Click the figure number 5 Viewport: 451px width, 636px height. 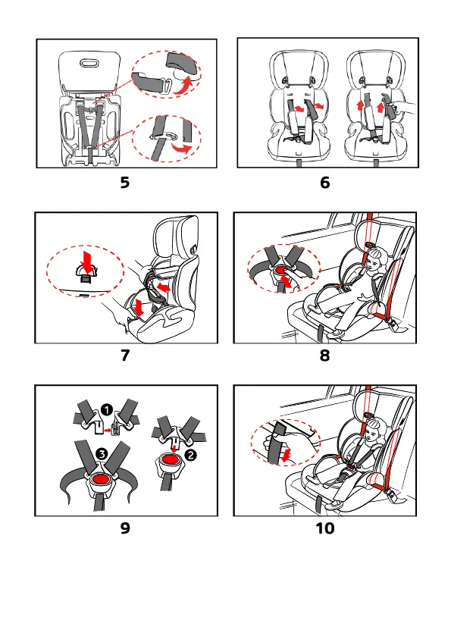click(x=125, y=183)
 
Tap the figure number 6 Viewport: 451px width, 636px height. click(x=325, y=183)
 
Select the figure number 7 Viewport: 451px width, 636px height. click(x=125, y=356)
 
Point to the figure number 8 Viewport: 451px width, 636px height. click(x=325, y=356)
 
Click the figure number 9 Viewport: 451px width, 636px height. click(x=125, y=528)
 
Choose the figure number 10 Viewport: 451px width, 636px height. click(x=325, y=528)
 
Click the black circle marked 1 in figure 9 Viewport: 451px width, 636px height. click(x=106, y=409)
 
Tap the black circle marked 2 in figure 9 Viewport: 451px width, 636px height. click(x=190, y=455)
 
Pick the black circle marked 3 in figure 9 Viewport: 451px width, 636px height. click(x=102, y=454)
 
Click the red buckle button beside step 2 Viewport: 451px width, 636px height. click(x=170, y=459)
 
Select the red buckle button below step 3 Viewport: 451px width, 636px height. click(x=101, y=479)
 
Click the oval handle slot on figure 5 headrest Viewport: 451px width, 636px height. click(x=89, y=63)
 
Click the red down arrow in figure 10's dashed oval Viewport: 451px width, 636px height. click(x=287, y=455)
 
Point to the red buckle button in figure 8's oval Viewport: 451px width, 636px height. click(x=281, y=269)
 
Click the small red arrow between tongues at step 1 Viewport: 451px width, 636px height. click(x=108, y=430)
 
